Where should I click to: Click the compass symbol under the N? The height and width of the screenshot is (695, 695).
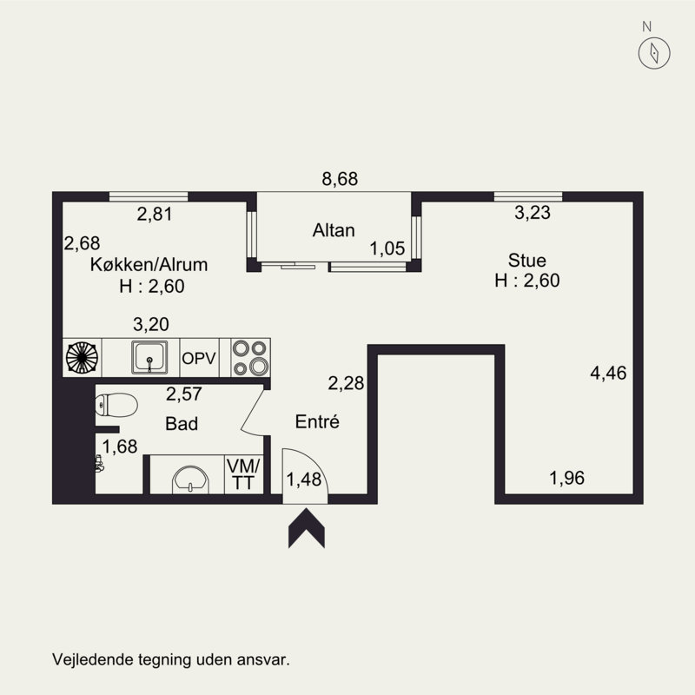654,53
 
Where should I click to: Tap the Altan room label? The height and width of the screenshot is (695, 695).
334,230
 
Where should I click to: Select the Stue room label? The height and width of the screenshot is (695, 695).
527,260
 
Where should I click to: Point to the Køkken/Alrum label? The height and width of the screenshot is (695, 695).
149,265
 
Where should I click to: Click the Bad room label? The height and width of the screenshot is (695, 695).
182,424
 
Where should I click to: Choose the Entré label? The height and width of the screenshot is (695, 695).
317,421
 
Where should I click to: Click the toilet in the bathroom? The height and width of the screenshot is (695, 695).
116,405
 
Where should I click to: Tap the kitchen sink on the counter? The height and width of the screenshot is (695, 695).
149,357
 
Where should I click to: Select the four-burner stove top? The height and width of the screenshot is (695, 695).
250,357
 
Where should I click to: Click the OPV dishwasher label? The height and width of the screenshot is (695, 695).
199,358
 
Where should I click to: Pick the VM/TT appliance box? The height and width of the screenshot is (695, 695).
243,474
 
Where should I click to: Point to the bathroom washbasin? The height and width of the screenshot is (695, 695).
190,480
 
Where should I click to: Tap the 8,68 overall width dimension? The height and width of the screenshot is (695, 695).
340,179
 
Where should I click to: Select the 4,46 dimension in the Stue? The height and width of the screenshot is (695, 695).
608,374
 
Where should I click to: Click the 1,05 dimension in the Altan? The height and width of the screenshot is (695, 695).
387,248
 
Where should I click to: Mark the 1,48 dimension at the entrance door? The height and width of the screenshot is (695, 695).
303,480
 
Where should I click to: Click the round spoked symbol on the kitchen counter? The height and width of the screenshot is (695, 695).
82,357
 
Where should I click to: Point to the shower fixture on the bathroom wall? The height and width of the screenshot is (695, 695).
99,463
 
